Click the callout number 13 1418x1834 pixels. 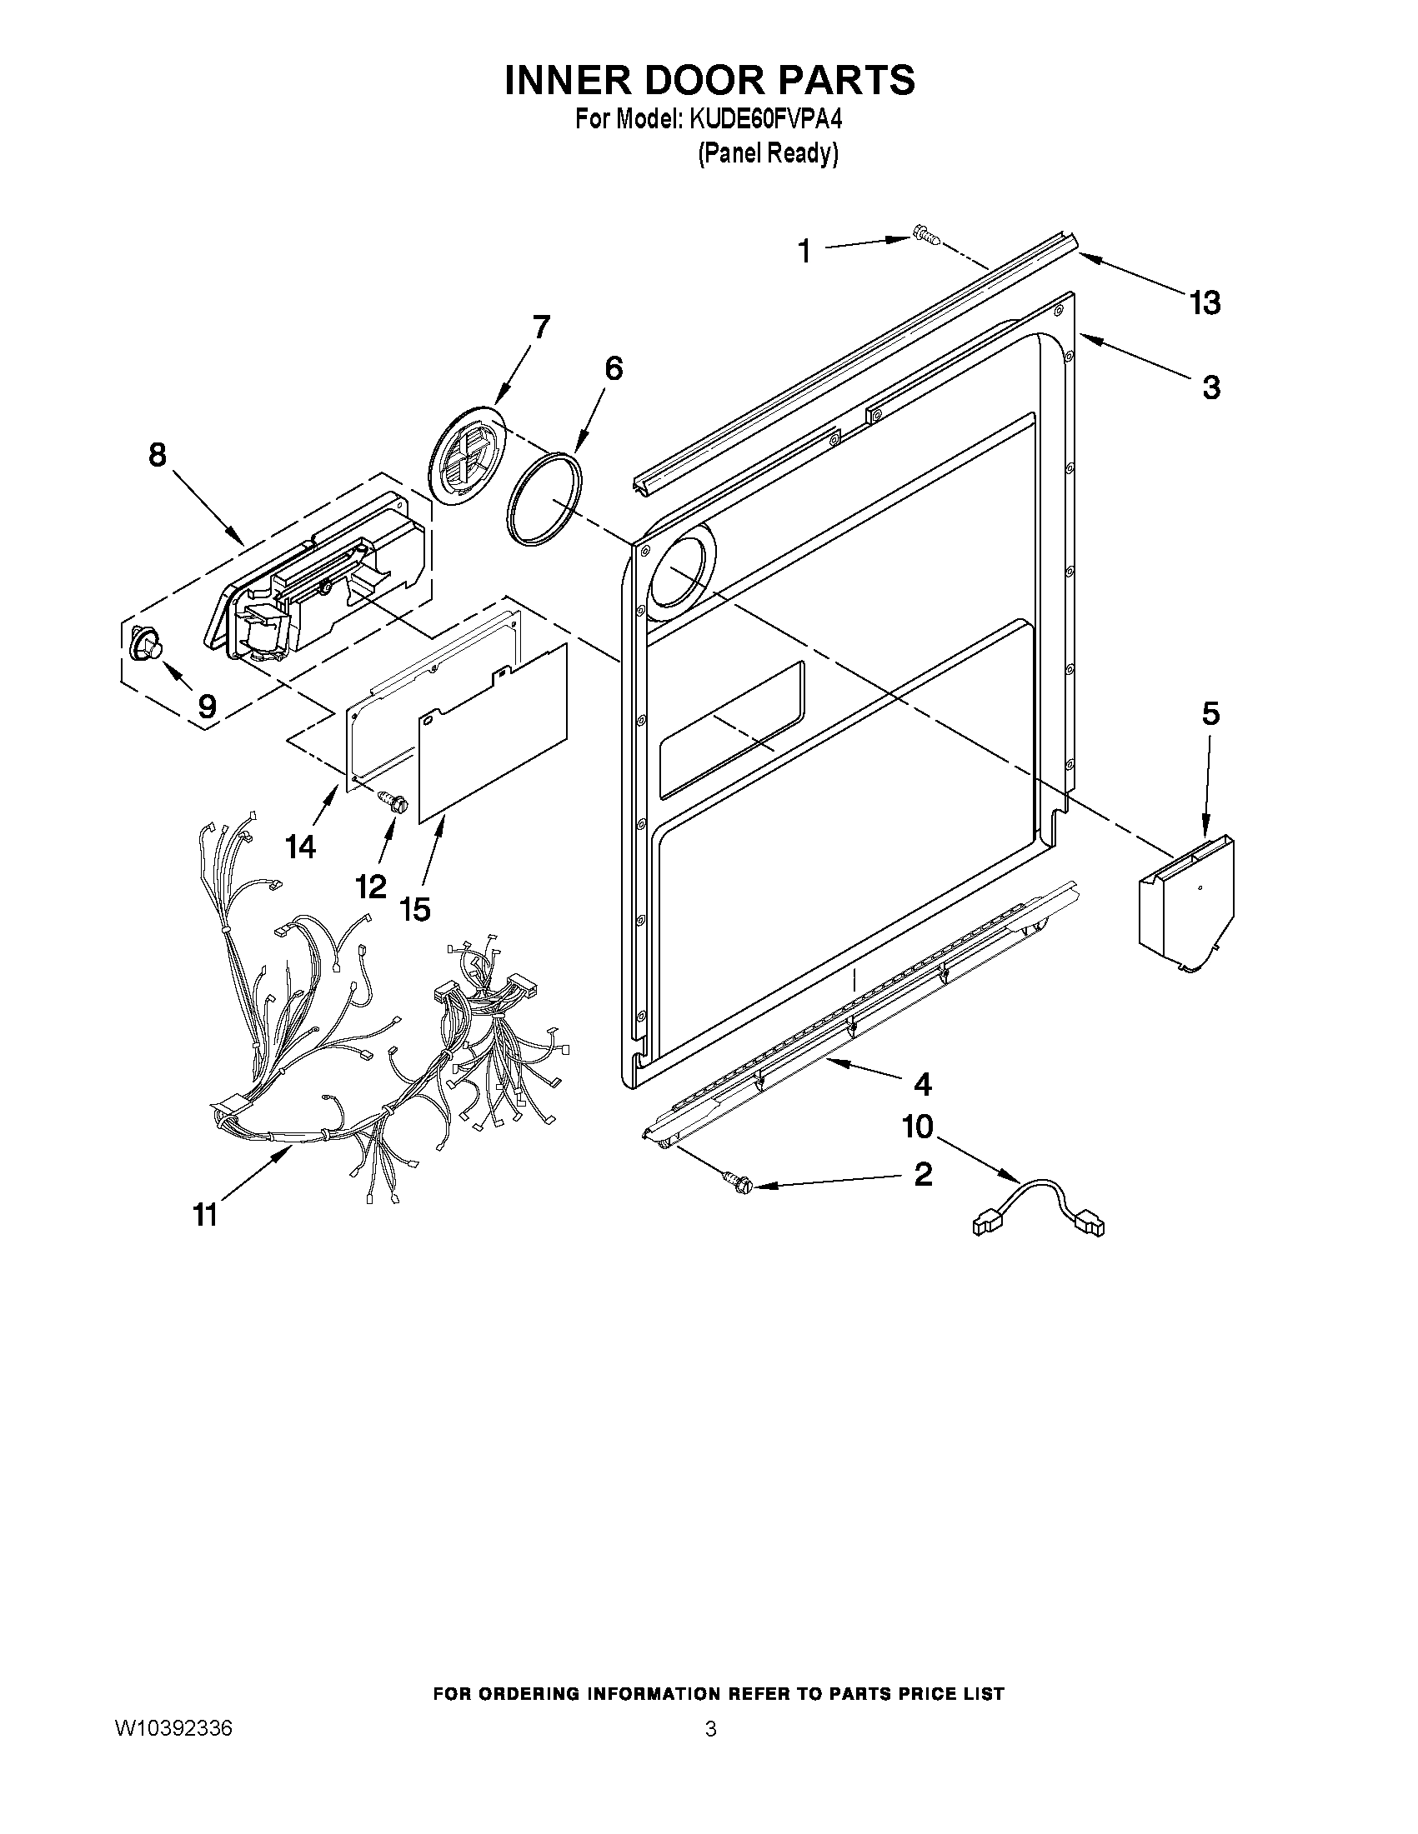point(1204,302)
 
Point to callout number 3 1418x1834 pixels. point(1210,388)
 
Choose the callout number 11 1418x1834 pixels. point(205,1214)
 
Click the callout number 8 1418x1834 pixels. point(157,455)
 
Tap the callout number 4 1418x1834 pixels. point(921,1085)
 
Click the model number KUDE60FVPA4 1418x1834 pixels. point(765,120)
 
